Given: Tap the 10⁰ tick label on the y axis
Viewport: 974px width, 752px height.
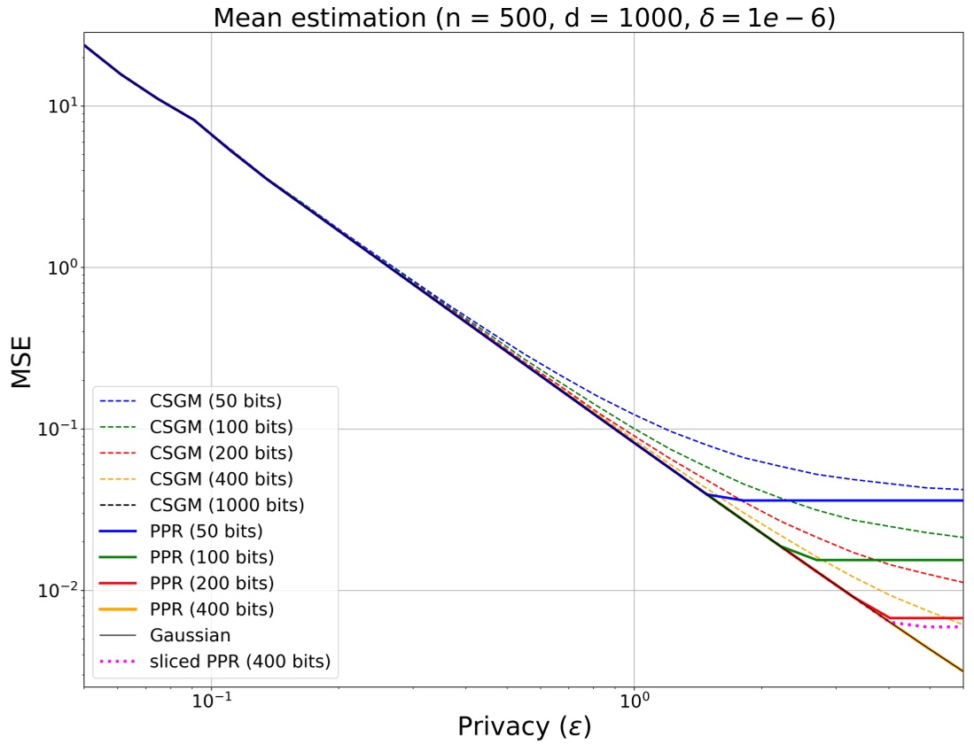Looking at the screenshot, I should coord(61,267).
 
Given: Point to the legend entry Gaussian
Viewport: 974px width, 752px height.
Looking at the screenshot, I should coord(191,635).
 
